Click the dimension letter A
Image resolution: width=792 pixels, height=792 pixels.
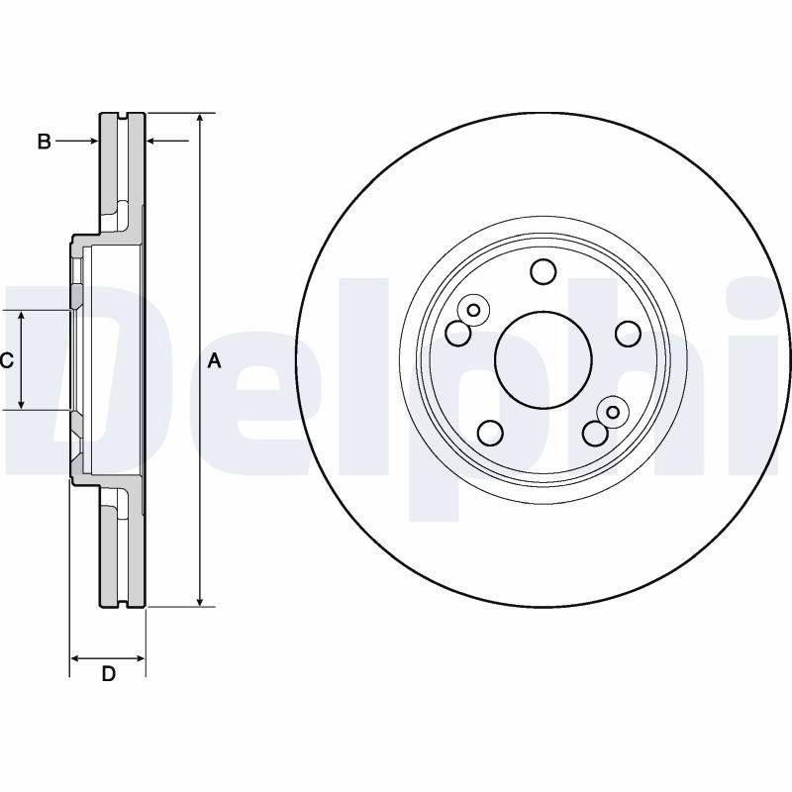215,360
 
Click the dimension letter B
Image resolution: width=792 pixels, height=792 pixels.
44,142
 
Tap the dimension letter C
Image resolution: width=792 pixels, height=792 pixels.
6,360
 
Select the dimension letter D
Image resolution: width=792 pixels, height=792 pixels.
109,674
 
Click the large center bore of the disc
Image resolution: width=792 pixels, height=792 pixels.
543,360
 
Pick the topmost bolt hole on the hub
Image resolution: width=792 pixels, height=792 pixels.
543,271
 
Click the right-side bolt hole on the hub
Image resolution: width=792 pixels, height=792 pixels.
629,334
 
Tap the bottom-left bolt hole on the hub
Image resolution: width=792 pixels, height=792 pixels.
490,433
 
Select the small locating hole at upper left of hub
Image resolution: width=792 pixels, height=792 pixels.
473,310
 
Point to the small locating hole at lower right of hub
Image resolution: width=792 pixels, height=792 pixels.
613,412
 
